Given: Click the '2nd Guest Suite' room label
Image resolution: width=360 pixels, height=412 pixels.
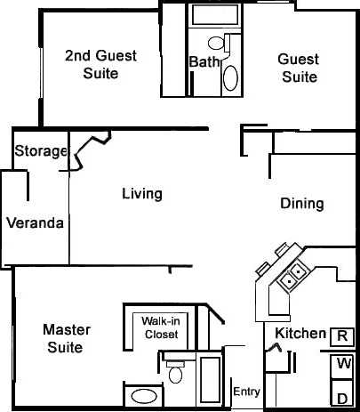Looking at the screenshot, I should [x=100, y=64].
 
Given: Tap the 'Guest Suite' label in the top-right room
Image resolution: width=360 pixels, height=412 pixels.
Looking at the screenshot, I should [x=299, y=68].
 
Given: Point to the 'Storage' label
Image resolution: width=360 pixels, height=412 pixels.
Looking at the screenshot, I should [x=41, y=151].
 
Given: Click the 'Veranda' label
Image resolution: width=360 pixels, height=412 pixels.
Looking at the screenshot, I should [x=35, y=222].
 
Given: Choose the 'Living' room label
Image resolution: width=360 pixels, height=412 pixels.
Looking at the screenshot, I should [x=141, y=193].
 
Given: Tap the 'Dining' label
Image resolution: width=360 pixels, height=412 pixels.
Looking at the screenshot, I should [x=301, y=203].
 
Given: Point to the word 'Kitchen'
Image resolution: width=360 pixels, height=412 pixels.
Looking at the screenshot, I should [x=300, y=333].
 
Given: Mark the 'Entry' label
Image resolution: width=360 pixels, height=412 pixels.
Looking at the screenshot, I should [x=245, y=392].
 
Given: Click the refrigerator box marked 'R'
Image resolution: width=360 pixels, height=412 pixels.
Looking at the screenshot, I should [x=341, y=335].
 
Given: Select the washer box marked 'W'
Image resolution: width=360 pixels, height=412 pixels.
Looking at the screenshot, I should [x=342, y=365].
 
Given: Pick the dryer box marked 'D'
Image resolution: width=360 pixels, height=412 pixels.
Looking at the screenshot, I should [x=342, y=395].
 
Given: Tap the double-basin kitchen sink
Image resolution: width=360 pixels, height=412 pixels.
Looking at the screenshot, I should [x=293, y=275].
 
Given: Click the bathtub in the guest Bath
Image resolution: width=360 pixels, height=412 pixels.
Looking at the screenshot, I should [x=213, y=15].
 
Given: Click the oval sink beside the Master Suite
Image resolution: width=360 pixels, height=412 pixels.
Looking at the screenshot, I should [x=140, y=396].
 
